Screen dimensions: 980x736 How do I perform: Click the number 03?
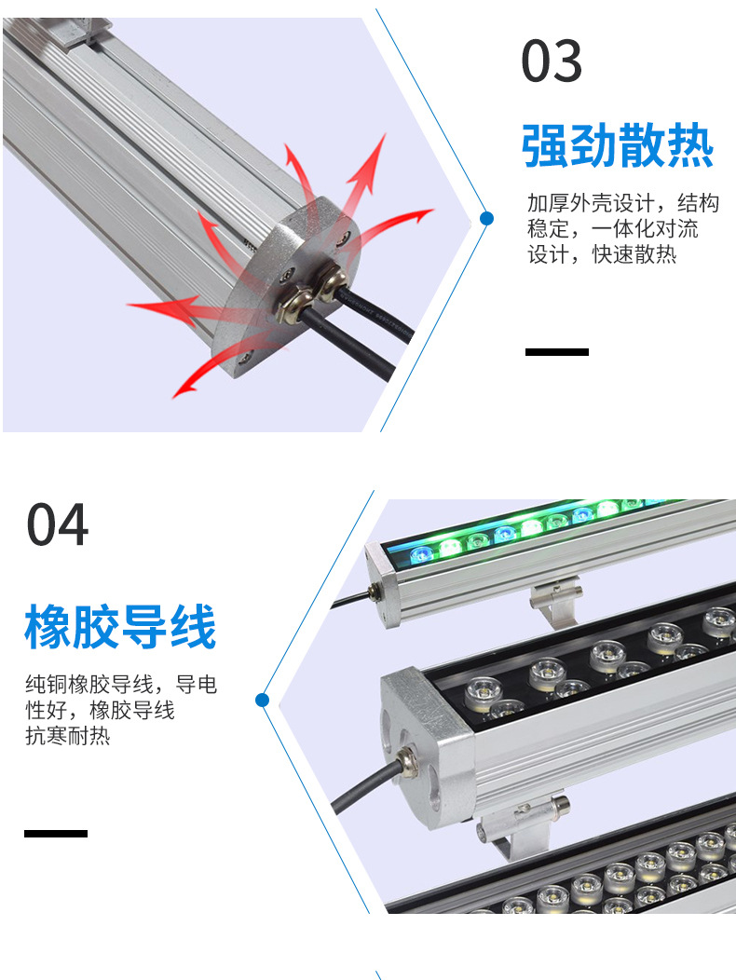[x=552, y=61]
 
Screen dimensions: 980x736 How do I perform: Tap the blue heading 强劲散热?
[x=618, y=145]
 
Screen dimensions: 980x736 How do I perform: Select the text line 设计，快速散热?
[x=602, y=254]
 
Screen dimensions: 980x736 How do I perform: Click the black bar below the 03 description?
[x=557, y=352]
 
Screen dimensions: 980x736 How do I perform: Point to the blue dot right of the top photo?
[x=485, y=219]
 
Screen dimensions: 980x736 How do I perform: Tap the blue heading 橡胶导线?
[x=120, y=626]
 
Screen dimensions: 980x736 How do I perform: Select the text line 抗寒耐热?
[x=68, y=736]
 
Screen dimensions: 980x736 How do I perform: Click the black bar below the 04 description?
[x=56, y=833]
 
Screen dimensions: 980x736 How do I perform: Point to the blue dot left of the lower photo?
[x=263, y=699]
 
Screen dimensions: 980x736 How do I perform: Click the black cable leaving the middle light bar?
[x=359, y=792]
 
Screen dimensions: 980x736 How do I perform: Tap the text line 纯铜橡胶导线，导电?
[x=121, y=686]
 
